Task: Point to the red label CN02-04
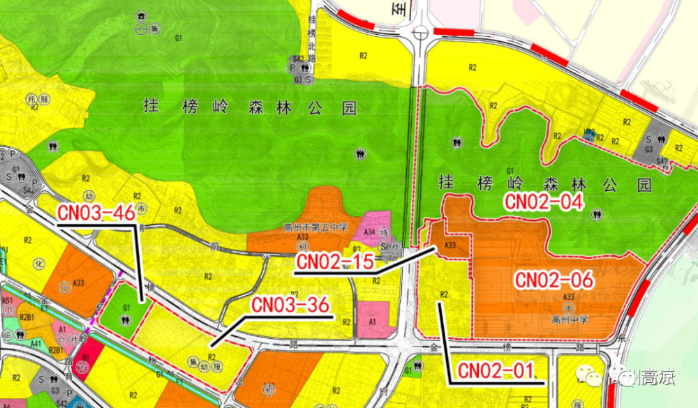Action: click(543, 203)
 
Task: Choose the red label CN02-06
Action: click(554, 280)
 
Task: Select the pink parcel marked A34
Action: click(369, 231)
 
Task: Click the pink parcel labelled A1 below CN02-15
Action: click(372, 322)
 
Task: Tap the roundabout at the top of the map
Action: click(421, 33)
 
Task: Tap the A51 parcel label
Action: click(8, 301)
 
